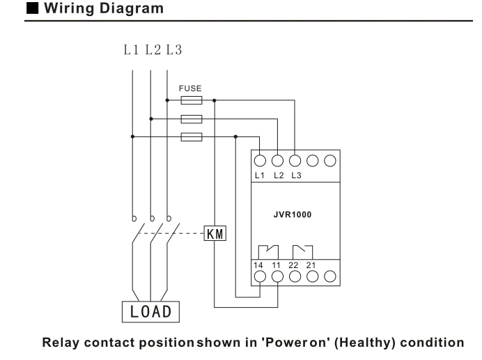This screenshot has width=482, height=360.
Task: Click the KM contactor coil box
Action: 215,233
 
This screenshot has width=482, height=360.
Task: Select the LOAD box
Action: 150,312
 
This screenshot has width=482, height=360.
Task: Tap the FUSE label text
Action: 190,88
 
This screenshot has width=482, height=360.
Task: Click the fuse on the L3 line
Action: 192,100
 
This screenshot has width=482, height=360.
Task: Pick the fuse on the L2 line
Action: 192,119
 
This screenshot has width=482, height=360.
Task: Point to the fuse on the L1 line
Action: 192,136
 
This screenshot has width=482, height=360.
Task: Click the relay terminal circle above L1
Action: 260,160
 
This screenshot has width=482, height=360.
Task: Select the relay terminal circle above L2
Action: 278,160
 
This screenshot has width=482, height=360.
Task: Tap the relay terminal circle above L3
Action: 295,160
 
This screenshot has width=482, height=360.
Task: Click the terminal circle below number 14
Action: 260,276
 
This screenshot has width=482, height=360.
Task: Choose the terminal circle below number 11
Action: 278,276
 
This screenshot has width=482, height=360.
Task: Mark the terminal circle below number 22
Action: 295,276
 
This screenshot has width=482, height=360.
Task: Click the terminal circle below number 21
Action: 313,276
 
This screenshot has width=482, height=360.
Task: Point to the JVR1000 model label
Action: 293,214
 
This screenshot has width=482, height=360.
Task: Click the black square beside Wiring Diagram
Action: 32,8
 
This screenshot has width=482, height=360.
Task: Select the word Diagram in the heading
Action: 131,8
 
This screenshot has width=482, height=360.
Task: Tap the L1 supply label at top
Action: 131,50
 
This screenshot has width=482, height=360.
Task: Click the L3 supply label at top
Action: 174,50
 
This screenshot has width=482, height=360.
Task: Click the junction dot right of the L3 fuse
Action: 215,100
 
